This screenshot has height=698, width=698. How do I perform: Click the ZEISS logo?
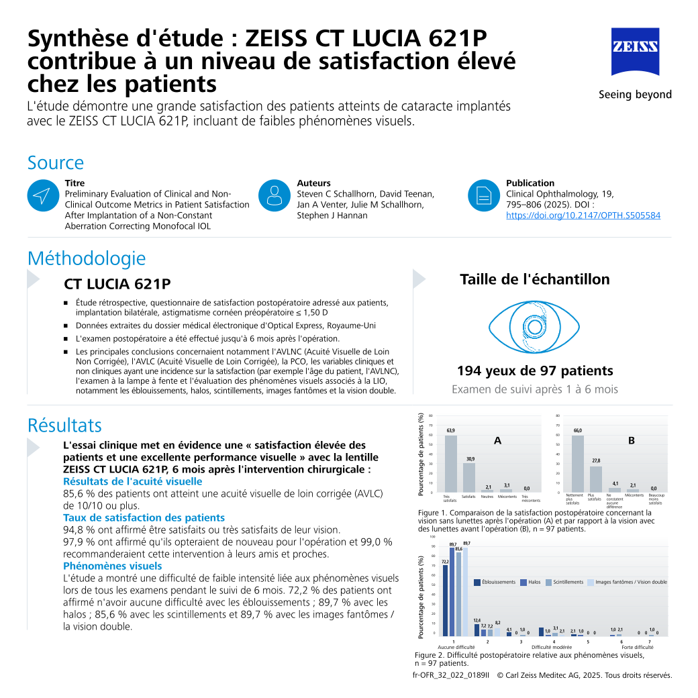pos(634,52)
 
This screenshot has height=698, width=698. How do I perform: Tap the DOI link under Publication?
pos(583,215)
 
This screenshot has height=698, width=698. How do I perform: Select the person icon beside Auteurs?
pos(274,195)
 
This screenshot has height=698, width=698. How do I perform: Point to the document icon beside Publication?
pos(483,195)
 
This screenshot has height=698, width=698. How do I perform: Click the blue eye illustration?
pos(534,327)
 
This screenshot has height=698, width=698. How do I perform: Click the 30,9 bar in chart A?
pos(469,477)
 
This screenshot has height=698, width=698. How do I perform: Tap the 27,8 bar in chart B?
pos(595,479)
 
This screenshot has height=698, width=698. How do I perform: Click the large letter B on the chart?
pos(631,441)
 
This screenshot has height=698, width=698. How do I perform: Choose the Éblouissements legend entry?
pos(495,582)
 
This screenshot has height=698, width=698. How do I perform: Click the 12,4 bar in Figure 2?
pos(477,630)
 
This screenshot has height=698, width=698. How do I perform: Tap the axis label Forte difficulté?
pos(637,647)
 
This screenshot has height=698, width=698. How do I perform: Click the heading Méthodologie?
pos(86,258)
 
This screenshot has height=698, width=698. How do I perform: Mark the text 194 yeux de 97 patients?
pos(535,370)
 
